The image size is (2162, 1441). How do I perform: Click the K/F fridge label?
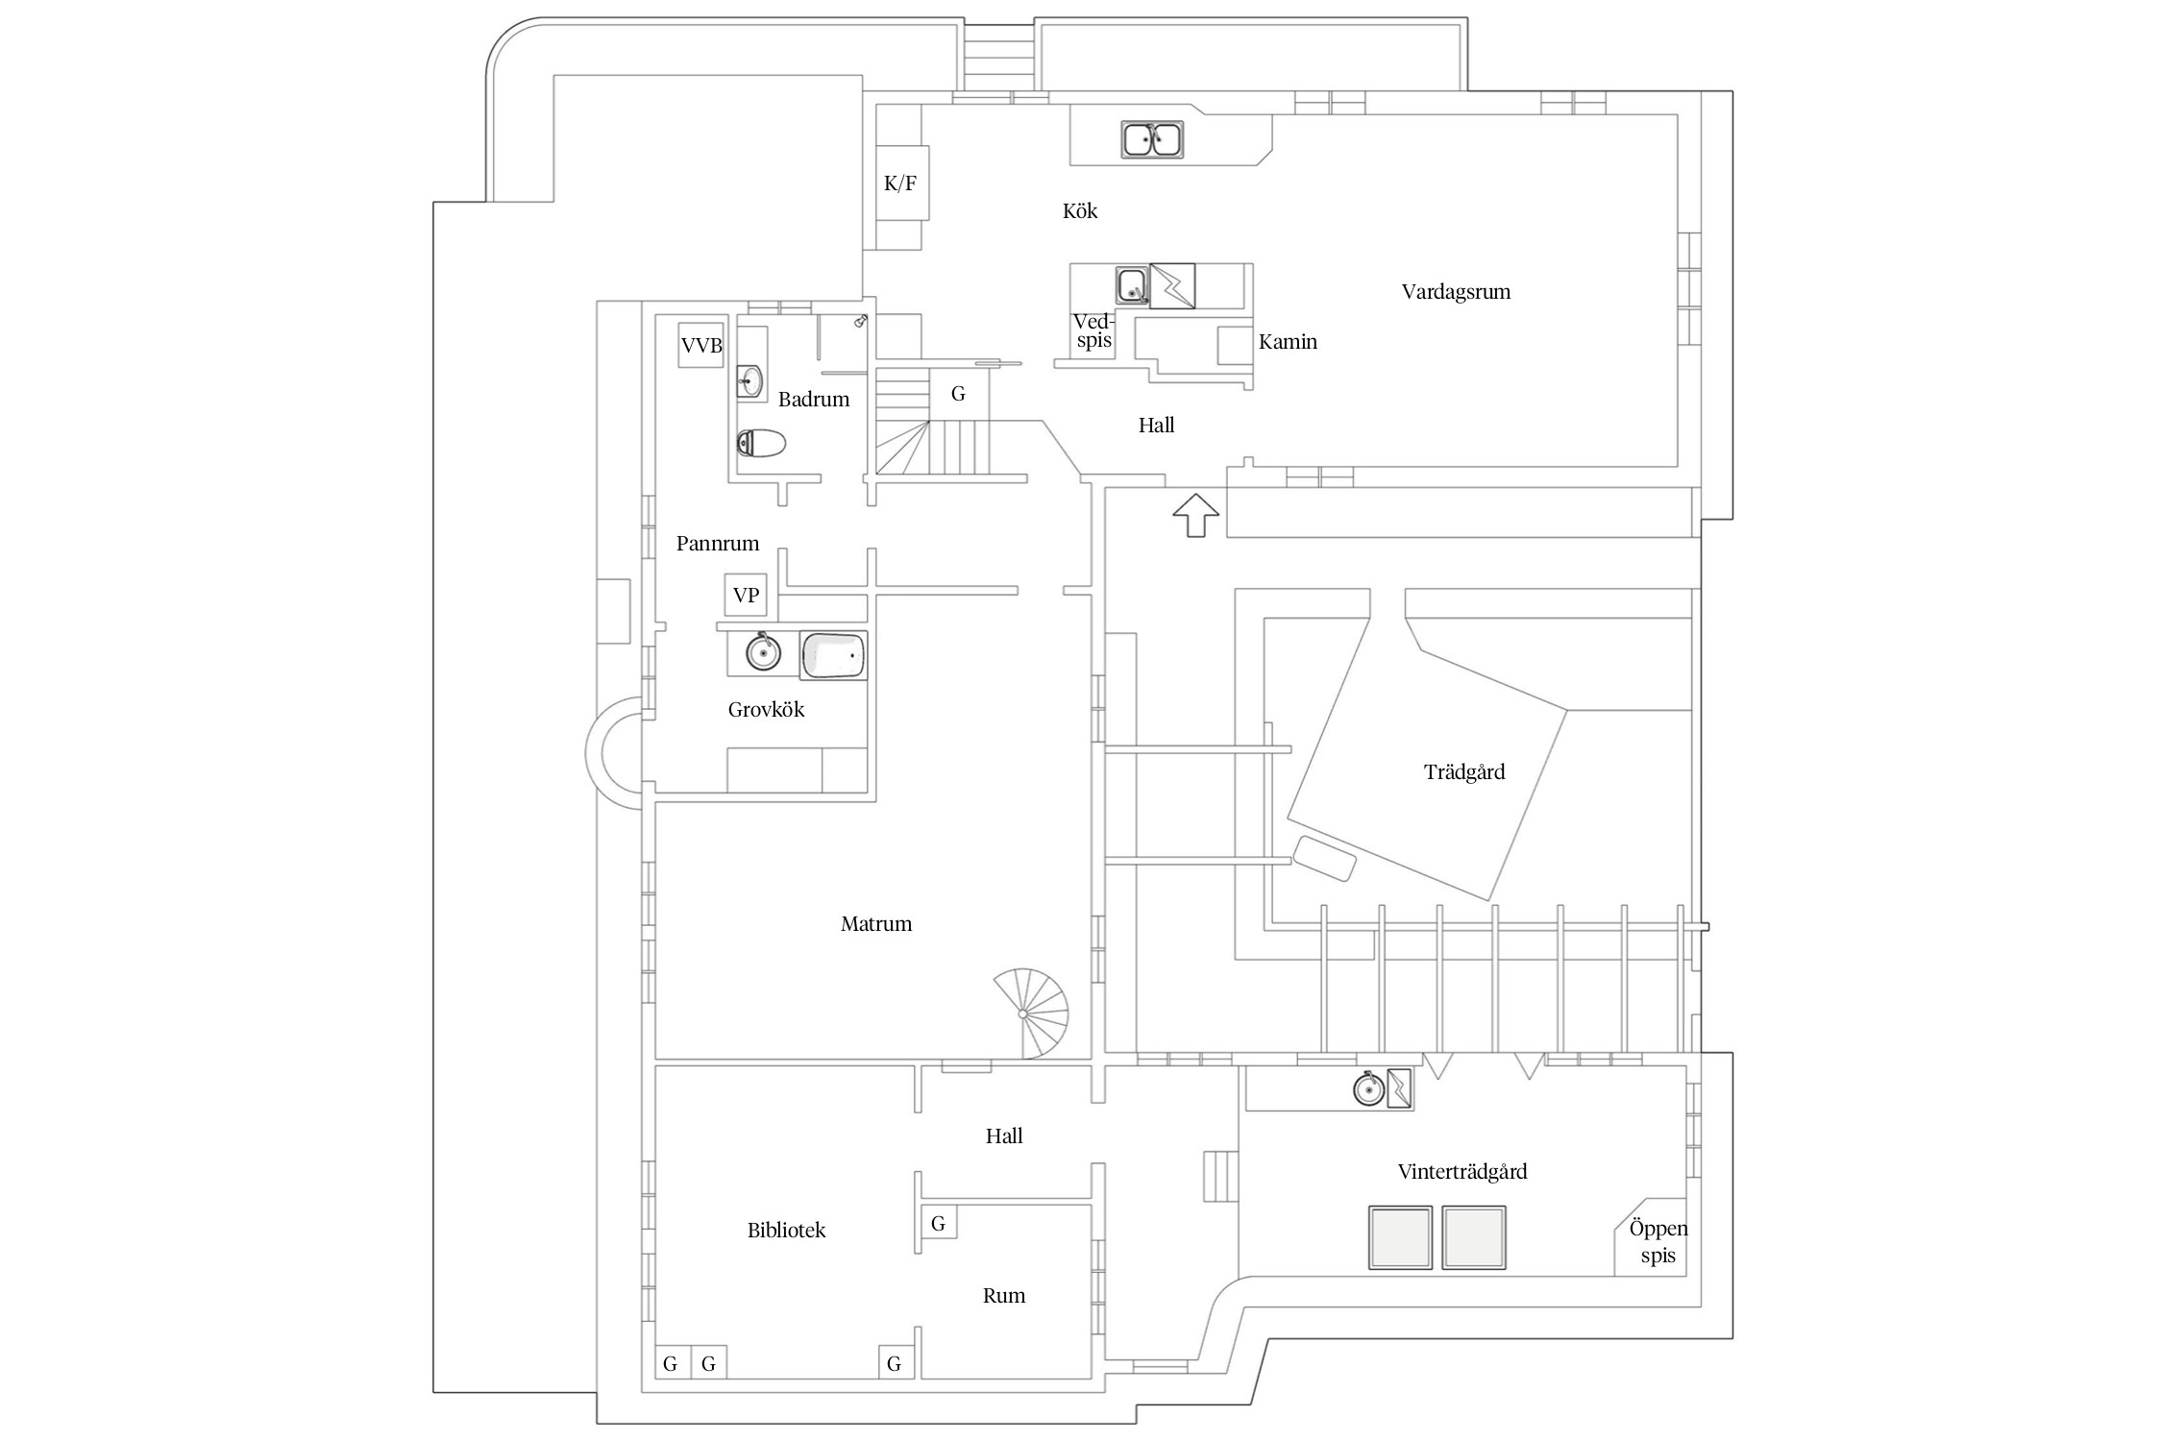pos(900,183)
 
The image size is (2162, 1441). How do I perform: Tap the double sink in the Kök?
pos(1152,140)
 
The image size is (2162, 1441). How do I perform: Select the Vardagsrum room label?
pos(1456,292)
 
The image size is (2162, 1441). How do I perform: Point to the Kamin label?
pos(1288,342)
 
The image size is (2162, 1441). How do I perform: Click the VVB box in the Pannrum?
pos(700,345)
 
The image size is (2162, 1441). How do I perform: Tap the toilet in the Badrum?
pos(761,444)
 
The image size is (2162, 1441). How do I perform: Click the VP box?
pos(746,596)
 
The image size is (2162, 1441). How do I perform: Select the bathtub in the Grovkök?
pos(833,656)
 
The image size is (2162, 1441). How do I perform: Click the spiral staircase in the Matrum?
pos(1030,1014)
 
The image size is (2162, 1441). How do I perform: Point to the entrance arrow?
pos(1195,516)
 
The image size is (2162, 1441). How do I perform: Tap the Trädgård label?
pos(1464,772)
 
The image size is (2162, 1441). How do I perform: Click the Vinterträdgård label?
pos(1462,1172)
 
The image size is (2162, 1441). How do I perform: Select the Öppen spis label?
pos(1658,1242)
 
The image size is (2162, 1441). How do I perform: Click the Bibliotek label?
pos(786,1231)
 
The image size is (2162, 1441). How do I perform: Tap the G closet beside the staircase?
pos(958,394)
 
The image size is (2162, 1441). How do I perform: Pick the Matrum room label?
pos(876,924)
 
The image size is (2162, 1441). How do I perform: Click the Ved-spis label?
pos(1093,330)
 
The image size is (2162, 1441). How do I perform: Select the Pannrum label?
pos(718,544)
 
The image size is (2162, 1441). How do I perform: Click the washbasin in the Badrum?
pos(749,381)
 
